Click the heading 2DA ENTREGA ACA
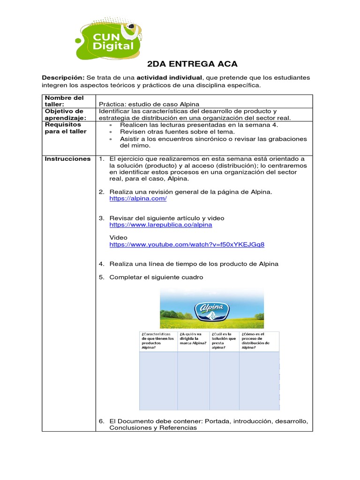click(x=192, y=64)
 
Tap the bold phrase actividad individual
click(x=169, y=77)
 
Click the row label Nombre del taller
click(x=64, y=101)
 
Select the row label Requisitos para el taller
click(x=65, y=128)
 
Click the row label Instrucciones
click(x=67, y=159)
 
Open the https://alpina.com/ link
click(x=138, y=199)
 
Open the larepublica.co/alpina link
click(x=160, y=225)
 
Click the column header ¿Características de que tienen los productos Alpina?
click(x=157, y=341)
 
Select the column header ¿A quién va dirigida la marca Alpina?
click(x=193, y=338)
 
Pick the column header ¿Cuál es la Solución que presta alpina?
click(x=224, y=341)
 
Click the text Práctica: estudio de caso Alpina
click(x=150, y=104)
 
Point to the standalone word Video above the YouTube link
click(x=118, y=238)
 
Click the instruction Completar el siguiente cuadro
click(x=156, y=277)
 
